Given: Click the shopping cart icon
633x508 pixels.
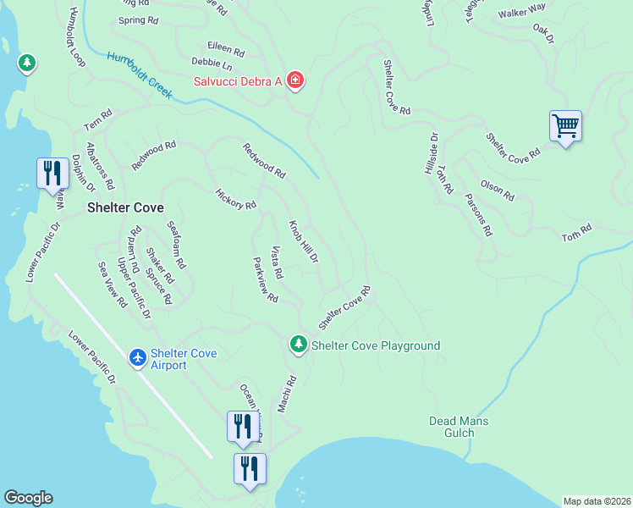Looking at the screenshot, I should tap(564, 127).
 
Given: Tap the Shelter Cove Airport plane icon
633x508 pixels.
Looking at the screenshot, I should tap(138, 358).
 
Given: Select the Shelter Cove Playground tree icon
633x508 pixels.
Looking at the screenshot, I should tap(297, 345).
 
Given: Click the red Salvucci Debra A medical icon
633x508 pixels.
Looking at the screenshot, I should tap(294, 80).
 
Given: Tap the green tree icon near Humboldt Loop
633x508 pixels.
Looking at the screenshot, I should tap(27, 63).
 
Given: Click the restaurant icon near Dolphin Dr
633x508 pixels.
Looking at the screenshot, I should tap(52, 174).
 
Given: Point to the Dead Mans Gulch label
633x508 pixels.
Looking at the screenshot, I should tap(459, 427).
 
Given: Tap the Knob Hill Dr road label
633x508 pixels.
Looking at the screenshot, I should tap(303, 241).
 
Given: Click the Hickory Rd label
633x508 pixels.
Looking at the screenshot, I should tap(235, 199).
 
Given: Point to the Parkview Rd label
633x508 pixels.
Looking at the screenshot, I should tap(265, 280).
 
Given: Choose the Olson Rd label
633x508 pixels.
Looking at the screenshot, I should tap(497, 190).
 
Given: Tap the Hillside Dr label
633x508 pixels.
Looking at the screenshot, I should tap(431, 153).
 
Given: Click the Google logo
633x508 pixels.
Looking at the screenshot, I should tap(28, 498).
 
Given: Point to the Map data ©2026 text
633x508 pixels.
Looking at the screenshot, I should tap(597, 501).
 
